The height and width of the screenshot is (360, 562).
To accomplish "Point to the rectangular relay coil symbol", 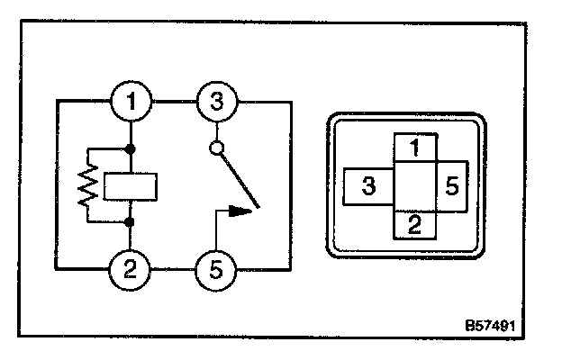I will coord(132,186).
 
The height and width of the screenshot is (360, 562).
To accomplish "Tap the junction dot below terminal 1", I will coord(132,148).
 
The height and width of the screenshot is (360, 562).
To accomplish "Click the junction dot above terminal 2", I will coord(132,221).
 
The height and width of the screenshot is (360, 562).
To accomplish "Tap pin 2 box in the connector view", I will coord(414,226).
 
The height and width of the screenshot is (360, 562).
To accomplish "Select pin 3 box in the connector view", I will coord(369,187).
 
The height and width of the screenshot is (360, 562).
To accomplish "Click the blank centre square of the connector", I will coord(414,187).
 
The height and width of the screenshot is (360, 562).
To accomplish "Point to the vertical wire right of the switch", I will coord(290,184).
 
